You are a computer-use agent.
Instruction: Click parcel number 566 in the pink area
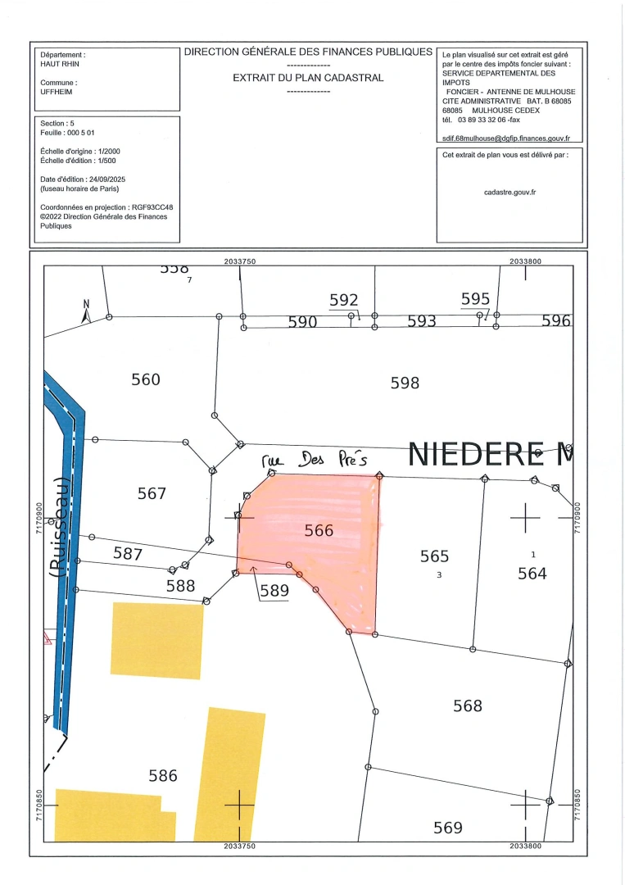319,530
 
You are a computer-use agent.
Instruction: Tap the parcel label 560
146,379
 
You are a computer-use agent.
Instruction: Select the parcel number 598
405,382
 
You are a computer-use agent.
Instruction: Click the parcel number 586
162,775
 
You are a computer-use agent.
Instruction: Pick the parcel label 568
468,705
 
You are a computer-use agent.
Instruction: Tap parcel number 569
448,828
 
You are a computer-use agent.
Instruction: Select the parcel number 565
434,556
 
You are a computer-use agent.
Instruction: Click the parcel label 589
274,590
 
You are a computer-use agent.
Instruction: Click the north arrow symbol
85,312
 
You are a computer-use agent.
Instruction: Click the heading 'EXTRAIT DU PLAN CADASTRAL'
308,78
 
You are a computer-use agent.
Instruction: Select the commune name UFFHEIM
57,93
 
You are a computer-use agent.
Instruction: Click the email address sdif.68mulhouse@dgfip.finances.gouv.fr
505,139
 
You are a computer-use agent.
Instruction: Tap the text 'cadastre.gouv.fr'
510,193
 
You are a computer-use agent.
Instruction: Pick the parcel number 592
344,301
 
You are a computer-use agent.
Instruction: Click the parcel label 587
128,554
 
